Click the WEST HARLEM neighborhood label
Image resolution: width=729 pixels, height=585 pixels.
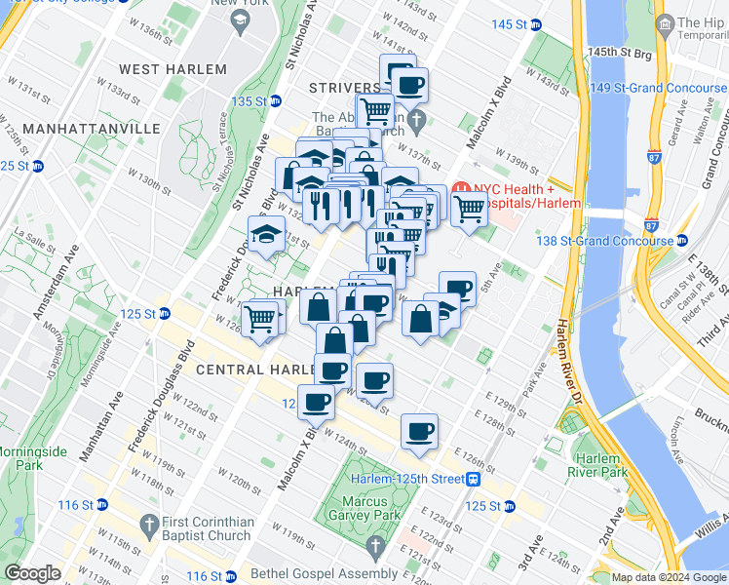pyautogui.click(x=173, y=69)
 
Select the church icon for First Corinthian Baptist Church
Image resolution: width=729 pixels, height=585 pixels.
pyautogui.click(x=148, y=522)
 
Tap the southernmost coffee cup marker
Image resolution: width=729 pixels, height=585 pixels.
pyautogui.click(x=419, y=431)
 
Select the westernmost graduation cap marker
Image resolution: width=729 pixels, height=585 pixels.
pyautogui.click(x=267, y=235)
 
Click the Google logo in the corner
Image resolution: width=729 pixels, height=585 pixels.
pyautogui.click(x=33, y=573)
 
